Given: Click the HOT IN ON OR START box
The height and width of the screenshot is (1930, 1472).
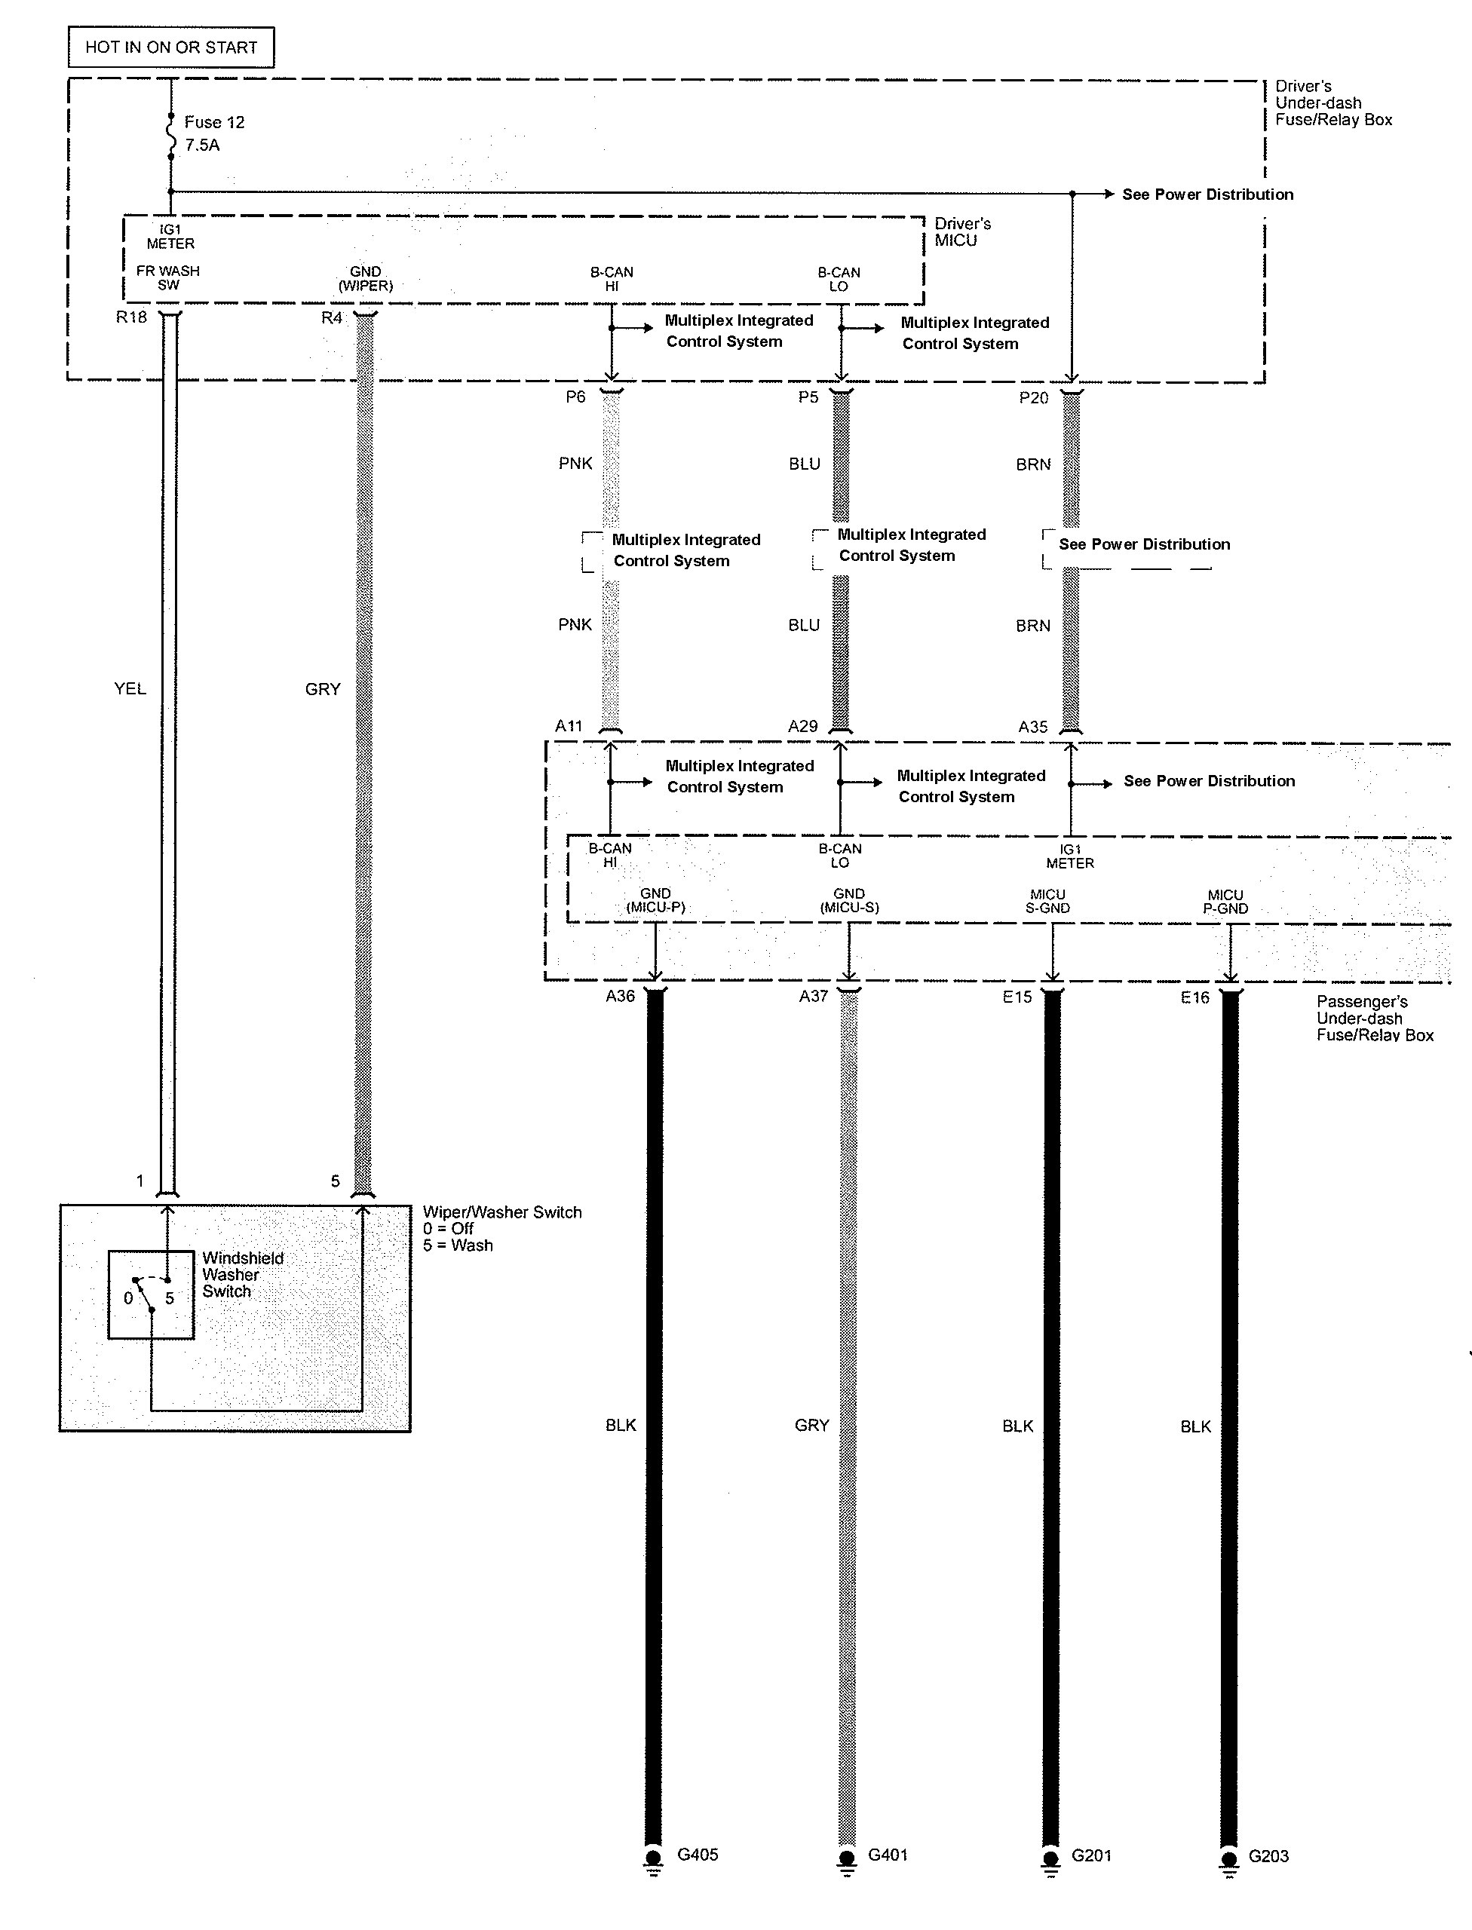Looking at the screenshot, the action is [171, 47].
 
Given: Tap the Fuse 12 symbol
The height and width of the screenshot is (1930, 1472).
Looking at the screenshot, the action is [171, 136].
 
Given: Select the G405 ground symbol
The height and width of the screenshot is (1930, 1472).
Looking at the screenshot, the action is [654, 1859].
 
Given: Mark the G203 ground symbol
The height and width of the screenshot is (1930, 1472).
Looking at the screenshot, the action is [1229, 1859].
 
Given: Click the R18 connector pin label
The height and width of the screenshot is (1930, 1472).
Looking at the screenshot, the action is [131, 317].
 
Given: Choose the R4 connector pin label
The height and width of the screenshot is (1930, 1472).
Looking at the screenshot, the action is [331, 317].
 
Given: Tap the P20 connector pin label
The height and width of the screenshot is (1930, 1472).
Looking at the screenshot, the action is [1034, 398].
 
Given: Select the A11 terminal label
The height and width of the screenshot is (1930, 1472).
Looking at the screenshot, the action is [569, 725].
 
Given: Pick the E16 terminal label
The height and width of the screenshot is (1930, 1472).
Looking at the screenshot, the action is [1195, 997].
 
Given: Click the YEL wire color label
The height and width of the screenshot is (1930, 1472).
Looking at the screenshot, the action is [130, 688].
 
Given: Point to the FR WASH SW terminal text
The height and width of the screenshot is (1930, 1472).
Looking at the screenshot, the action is [168, 277].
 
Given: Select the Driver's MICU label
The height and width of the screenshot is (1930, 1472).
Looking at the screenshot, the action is [963, 232].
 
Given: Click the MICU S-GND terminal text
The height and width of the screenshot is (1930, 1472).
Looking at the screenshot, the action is [1048, 902].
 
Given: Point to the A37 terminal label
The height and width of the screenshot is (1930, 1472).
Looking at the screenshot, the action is [813, 996].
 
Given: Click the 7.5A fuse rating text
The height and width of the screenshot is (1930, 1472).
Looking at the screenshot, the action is [202, 145].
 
